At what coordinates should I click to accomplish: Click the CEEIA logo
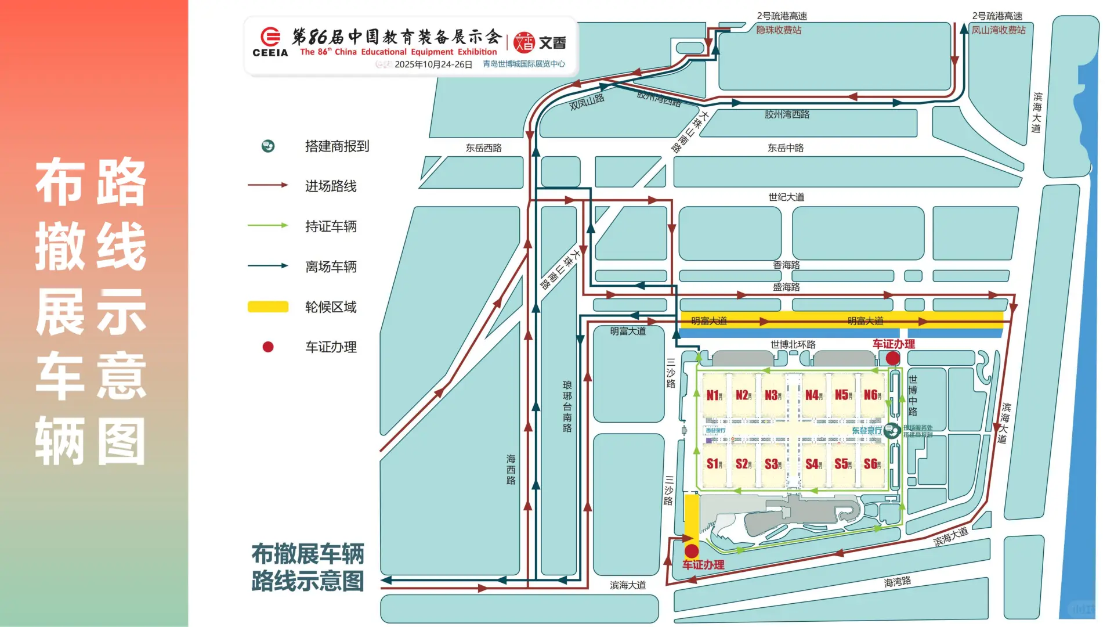point(270,42)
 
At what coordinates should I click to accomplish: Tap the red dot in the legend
point(268,347)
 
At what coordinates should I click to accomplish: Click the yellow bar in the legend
point(268,307)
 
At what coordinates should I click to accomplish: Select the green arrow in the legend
point(268,225)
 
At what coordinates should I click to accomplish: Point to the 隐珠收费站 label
point(778,30)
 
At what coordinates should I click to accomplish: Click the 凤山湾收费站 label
point(999,30)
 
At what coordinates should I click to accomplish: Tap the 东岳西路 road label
point(483,148)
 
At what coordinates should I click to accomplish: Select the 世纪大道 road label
point(786,197)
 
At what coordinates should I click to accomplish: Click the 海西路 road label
point(511,469)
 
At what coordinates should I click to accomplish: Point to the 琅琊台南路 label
point(567,406)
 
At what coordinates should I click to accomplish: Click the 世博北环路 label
point(793,344)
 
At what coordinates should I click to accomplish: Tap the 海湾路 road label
point(898,582)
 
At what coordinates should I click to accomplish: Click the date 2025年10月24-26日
point(433,64)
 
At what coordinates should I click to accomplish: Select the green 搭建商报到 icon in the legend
point(268,146)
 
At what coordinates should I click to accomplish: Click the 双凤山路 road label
point(587,102)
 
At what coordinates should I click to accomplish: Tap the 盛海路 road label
point(786,287)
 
